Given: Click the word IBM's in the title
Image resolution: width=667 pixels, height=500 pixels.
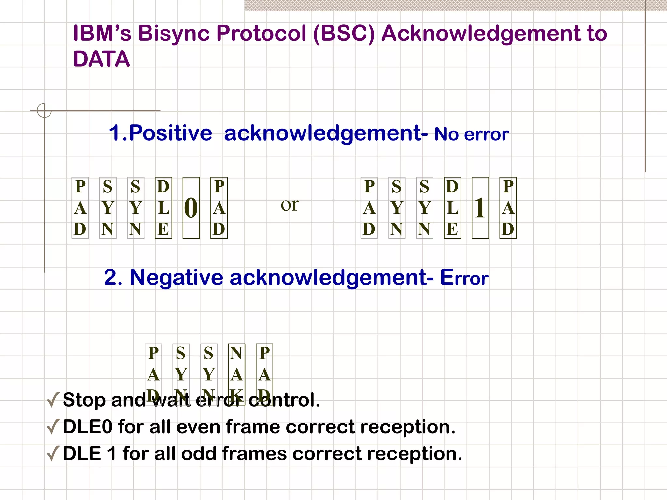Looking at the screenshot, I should click(x=102, y=33).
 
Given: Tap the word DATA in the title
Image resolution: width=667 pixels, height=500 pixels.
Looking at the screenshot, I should click(x=101, y=59).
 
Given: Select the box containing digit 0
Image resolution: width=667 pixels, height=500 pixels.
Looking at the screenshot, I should click(x=191, y=208).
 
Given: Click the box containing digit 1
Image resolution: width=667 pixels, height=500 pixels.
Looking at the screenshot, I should click(x=480, y=208).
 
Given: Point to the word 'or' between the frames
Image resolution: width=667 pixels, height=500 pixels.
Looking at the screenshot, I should click(x=290, y=205).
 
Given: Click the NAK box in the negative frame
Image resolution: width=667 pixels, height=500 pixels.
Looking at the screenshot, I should click(x=237, y=374).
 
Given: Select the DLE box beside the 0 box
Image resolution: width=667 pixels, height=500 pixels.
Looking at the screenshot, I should click(x=163, y=208).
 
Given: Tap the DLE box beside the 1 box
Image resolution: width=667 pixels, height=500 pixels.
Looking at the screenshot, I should click(x=452, y=208).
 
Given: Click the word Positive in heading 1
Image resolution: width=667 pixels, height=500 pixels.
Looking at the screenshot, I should click(x=170, y=133).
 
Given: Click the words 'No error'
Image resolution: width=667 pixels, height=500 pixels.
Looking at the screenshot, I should click(x=472, y=134).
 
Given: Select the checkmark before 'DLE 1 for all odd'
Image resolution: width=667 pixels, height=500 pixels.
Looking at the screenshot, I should click(x=53, y=453).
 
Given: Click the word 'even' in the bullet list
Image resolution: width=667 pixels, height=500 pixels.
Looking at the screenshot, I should click(x=198, y=427).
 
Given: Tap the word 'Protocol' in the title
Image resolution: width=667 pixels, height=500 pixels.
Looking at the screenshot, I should click(x=261, y=33).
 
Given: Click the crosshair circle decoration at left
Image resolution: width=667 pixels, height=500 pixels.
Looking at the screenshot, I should click(x=44, y=110).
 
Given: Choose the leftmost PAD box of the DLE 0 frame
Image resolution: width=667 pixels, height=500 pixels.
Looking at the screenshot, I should click(x=80, y=208).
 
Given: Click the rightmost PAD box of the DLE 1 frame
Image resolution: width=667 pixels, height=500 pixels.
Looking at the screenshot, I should click(x=508, y=208).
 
